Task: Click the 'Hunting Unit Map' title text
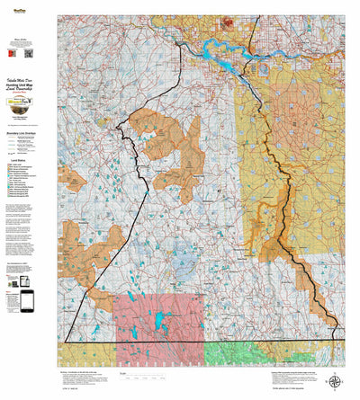[x=28, y=83]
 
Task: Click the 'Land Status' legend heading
[x=27, y=159]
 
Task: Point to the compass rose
[x=335, y=381]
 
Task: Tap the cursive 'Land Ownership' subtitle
[x=28, y=89]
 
